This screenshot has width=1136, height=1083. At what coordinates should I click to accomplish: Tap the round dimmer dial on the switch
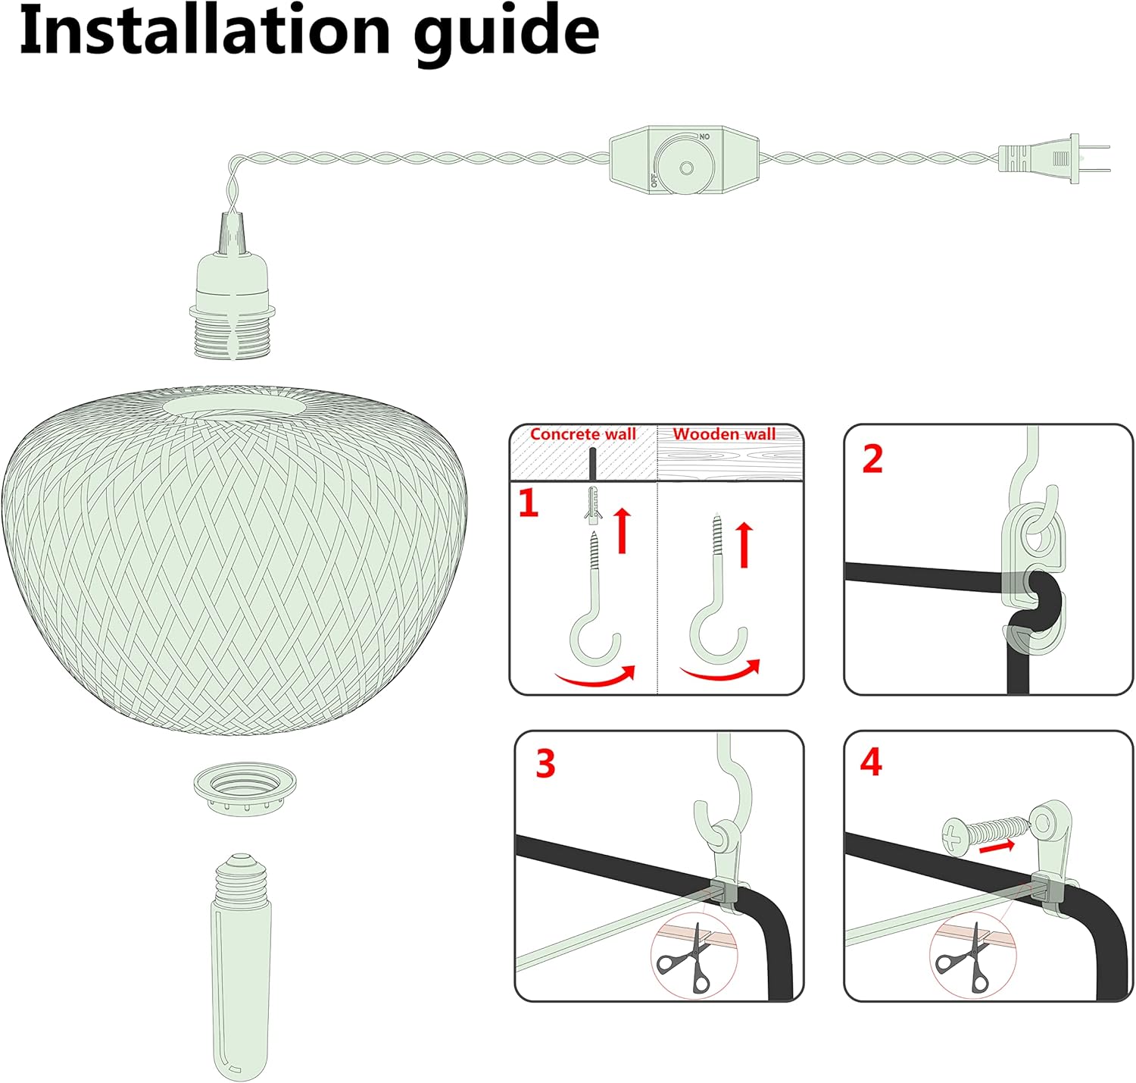(685, 167)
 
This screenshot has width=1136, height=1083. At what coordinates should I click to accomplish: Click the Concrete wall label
(582, 434)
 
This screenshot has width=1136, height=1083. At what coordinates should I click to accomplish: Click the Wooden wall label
(724, 434)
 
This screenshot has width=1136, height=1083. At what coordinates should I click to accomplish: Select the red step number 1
(528, 503)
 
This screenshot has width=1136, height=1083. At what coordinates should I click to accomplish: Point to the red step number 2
(872, 459)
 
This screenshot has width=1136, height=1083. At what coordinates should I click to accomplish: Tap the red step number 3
(545, 763)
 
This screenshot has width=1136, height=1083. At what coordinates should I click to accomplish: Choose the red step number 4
(871, 762)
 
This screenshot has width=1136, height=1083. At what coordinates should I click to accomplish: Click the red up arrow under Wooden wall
(744, 544)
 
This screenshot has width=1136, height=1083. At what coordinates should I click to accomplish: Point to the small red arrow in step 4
(998, 846)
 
